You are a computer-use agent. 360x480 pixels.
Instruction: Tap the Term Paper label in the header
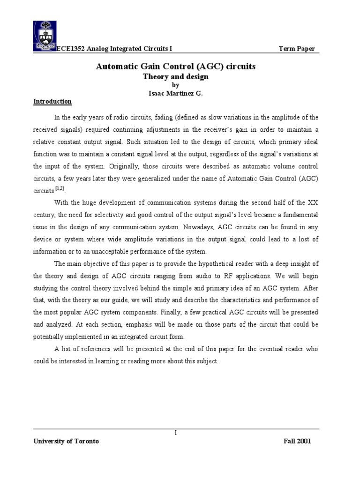[297, 49]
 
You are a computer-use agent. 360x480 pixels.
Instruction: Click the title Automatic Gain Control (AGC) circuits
[176, 67]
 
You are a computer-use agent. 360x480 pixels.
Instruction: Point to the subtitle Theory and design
[175, 76]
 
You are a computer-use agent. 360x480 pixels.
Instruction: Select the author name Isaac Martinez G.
[175, 93]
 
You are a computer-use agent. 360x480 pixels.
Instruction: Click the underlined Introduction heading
[52, 101]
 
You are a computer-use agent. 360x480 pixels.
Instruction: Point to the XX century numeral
[313, 202]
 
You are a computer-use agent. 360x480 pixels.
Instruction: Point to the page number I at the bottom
[175, 433]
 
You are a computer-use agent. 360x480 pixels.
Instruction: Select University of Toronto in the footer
[66, 442]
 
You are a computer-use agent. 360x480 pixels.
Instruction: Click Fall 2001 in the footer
[297, 442]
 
